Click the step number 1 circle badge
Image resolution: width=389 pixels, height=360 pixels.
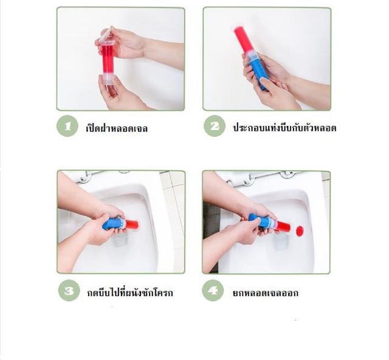click(68, 127)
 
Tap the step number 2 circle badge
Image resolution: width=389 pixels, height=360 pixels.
click(214, 126)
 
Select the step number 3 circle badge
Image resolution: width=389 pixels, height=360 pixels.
click(69, 291)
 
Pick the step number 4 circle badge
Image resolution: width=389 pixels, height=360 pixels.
click(213, 291)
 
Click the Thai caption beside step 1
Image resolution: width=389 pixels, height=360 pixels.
click(117, 128)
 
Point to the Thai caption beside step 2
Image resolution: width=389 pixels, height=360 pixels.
click(284, 128)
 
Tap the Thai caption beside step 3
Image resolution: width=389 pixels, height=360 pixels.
click(129, 292)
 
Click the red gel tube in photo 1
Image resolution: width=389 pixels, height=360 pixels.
click(108, 60)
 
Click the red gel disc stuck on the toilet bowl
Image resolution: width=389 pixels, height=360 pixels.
click(299, 230)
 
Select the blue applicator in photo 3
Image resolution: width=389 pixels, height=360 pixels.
click(114, 224)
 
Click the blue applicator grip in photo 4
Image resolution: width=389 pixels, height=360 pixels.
click(259, 221)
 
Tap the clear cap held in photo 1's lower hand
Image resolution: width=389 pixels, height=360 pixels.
click(108, 85)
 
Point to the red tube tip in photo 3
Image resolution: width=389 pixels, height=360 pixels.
click(133, 224)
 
